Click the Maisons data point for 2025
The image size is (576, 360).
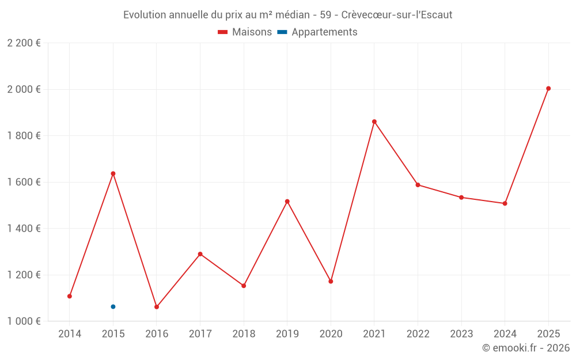point(548,89)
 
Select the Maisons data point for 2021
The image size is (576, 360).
point(374,122)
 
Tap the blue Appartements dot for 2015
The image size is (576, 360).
point(113,306)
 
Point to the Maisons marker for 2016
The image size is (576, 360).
point(157,307)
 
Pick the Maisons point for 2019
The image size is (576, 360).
point(287,202)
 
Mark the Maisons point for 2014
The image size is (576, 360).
point(70,296)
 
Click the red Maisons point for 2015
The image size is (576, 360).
point(113,173)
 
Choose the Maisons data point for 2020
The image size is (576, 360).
point(331,281)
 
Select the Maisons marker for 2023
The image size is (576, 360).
point(461,198)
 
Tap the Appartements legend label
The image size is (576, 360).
point(324,32)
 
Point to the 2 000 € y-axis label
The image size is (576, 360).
point(24,89)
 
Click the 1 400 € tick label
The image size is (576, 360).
point(24,228)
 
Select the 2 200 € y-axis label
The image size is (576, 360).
point(24,43)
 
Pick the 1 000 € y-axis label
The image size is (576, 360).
point(24,321)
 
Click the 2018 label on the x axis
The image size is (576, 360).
point(244,334)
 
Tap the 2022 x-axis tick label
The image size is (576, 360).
point(418,334)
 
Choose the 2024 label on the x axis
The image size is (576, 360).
point(505,334)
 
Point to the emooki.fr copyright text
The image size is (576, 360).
point(526,348)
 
